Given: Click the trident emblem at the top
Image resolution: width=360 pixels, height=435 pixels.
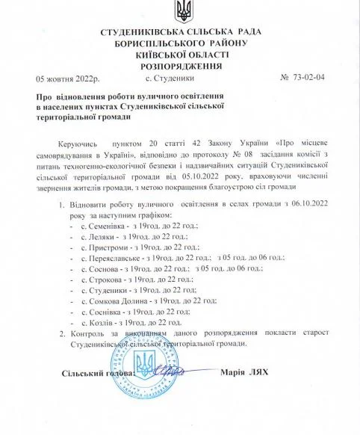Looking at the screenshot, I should (x=180, y=11).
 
